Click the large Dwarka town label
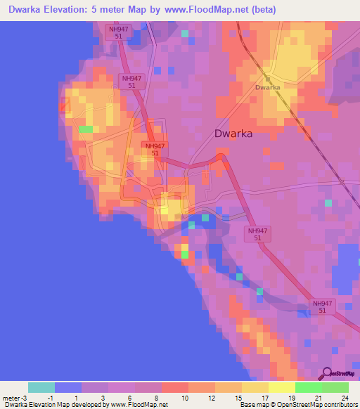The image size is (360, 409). [x=232, y=133]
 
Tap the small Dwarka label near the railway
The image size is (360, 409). [x=267, y=87]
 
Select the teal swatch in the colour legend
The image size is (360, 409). [x=41, y=387]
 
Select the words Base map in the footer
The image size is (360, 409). [x=252, y=405]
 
